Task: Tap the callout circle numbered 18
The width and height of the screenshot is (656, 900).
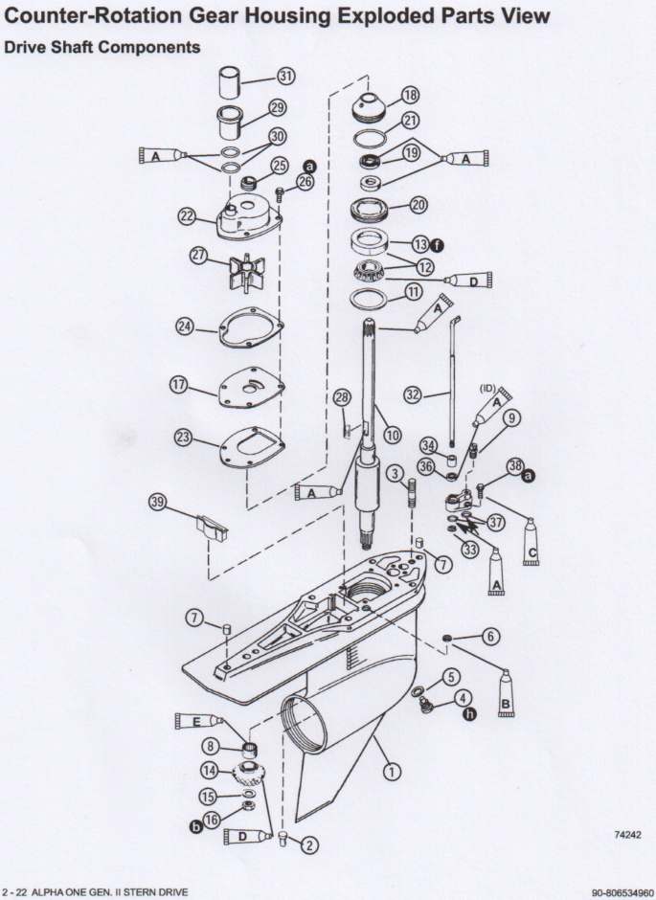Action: (411, 95)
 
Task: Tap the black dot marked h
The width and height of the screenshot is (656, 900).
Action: (470, 713)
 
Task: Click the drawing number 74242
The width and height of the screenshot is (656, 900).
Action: (627, 835)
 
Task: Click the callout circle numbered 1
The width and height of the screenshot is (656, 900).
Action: (390, 767)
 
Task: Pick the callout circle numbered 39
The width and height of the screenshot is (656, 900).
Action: (159, 502)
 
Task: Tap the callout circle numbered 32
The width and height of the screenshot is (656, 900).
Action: (413, 394)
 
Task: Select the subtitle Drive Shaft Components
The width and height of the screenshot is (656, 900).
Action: (102, 47)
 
